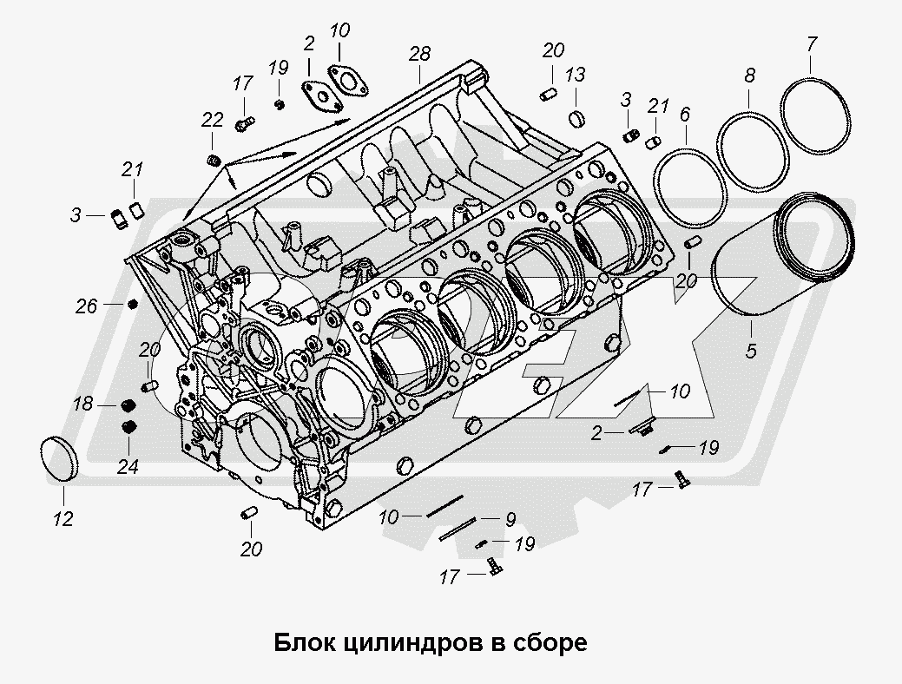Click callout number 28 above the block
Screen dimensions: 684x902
tap(419, 55)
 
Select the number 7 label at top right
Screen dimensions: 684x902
tap(811, 43)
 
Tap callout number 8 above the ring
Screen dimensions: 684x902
tap(749, 76)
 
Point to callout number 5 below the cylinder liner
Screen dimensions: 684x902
tap(751, 352)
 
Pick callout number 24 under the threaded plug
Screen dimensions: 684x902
tap(128, 466)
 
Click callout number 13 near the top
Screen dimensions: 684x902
tap(576, 76)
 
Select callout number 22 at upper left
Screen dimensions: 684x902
tap(213, 119)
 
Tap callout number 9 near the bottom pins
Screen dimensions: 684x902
tap(510, 519)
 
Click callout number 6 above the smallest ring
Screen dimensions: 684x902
tap(685, 113)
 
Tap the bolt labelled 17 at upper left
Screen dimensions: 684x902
tap(244, 124)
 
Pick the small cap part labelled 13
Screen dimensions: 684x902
tap(577, 117)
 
